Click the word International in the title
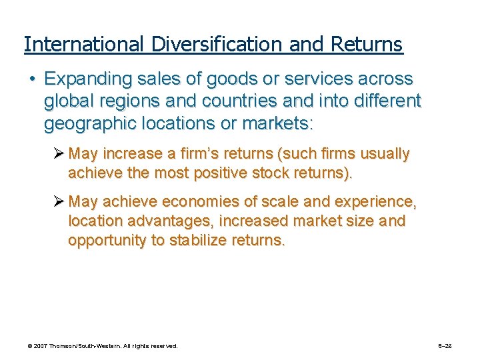pos(83,45)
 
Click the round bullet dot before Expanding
pos(31,79)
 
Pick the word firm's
pos(203,154)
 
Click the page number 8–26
pos(445,346)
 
